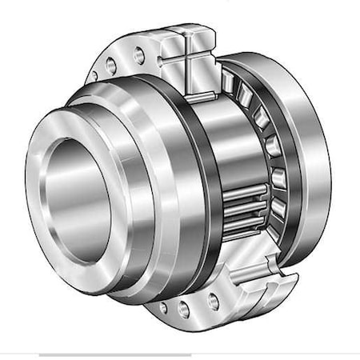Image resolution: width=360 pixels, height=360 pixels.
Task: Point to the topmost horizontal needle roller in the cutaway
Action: (x=244, y=192)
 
